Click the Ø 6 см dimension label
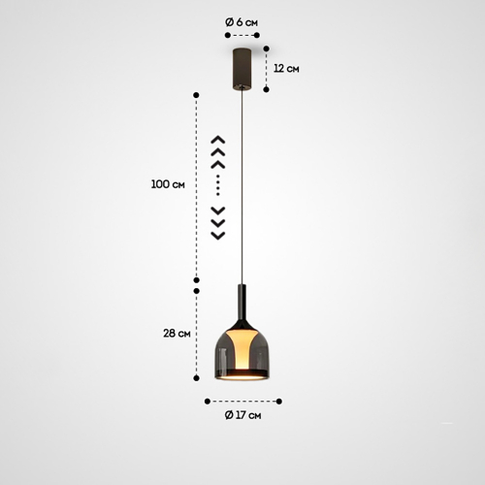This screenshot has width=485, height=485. [242, 22]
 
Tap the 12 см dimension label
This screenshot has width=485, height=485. [286, 69]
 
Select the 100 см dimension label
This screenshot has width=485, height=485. [168, 184]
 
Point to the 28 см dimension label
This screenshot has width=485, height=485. [177, 333]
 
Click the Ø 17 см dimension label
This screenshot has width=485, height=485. [242, 415]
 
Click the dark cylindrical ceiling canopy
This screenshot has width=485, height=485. [242, 69]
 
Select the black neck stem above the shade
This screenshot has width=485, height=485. [242, 304]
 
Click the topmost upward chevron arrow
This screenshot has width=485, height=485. [218, 140]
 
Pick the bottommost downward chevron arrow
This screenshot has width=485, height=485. [218, 236]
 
